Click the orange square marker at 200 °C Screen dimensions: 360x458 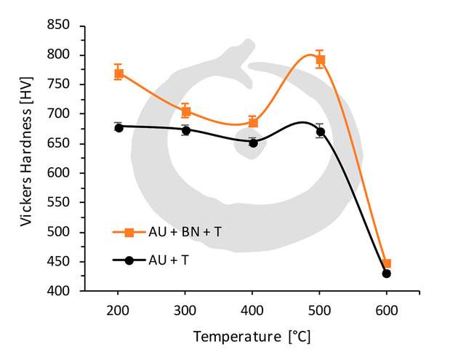tap(118, 73)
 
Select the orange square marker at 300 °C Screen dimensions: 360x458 tap(186, 111)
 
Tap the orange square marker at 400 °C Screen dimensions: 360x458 tap(253, 122)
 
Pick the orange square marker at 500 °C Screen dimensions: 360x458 tap(320, 60)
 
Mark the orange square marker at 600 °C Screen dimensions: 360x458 tap(387, 264)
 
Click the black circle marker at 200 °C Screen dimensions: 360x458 tap(118, 127)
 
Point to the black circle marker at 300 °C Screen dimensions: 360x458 tap(186, 130)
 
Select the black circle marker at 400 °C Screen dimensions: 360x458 tap(253, 143)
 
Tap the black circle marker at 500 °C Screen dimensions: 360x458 tap(320, 132)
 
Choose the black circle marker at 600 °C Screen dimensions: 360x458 tap(387, 273)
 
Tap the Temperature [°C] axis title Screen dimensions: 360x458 tap(252, 337)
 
